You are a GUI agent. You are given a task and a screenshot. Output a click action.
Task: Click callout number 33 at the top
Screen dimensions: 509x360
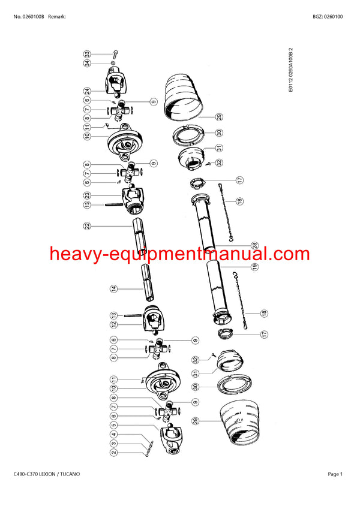click(x=87, y=54)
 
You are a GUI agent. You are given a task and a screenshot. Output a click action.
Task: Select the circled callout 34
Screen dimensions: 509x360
click(x=87, y=63)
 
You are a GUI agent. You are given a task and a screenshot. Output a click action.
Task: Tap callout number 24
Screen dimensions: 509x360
click(x=87, y=92)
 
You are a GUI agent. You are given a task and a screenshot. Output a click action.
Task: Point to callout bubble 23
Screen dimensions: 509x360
click(x=87, y=194)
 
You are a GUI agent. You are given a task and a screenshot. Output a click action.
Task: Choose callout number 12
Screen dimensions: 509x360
click(x=113, y=324)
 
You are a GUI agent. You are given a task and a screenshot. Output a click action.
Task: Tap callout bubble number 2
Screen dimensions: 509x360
click(x=113, y=453)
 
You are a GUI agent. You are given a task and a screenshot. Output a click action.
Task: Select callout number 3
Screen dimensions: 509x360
click(x=113, y=444)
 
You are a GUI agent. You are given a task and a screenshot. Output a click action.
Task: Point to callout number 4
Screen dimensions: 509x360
click(x=113, y=435)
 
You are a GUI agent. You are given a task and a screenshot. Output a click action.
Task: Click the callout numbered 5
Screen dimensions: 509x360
click(x=113, y=426)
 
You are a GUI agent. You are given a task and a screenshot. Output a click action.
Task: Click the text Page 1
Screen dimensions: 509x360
click(x=335, y=474)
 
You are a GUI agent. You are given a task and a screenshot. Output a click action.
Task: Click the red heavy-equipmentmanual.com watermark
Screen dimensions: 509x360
click(x=180, y=254)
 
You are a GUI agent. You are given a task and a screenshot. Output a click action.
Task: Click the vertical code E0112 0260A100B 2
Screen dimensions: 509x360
click(x=291, y=69)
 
